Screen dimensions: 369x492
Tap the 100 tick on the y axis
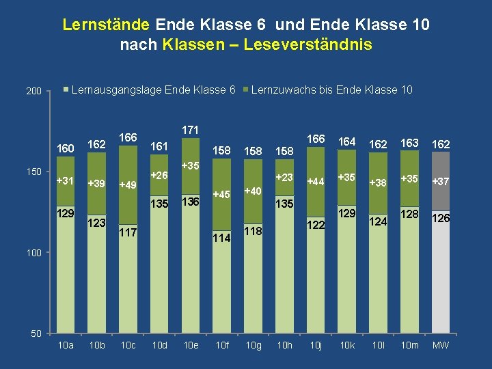pyautogui.click(x=34, y=253)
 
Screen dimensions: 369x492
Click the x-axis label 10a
pyautogui.click(x=66, y=345)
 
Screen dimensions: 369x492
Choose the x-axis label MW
pyautogui.click(x=441, y=345)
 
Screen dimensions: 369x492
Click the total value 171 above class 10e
pyautogui.click(x=191, y=130)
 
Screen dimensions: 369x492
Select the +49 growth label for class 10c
pyautogui.click(x=128, y=184)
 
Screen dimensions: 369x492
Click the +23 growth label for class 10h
pyautogui.click(x=284, y=178)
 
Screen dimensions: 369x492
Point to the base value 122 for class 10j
pyautogui.click(x=316, y=224)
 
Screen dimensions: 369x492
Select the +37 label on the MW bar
pyautogui.click(x=441, y=182)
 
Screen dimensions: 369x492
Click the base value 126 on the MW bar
pyautogui.click(x=441, y=219)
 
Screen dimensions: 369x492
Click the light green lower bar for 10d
pyautogui.click(x=159, y=273)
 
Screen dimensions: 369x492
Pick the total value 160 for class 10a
pyautogui.click(x=66, y=149)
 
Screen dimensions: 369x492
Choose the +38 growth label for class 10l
pyautogui.click(x=378, y=182)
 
